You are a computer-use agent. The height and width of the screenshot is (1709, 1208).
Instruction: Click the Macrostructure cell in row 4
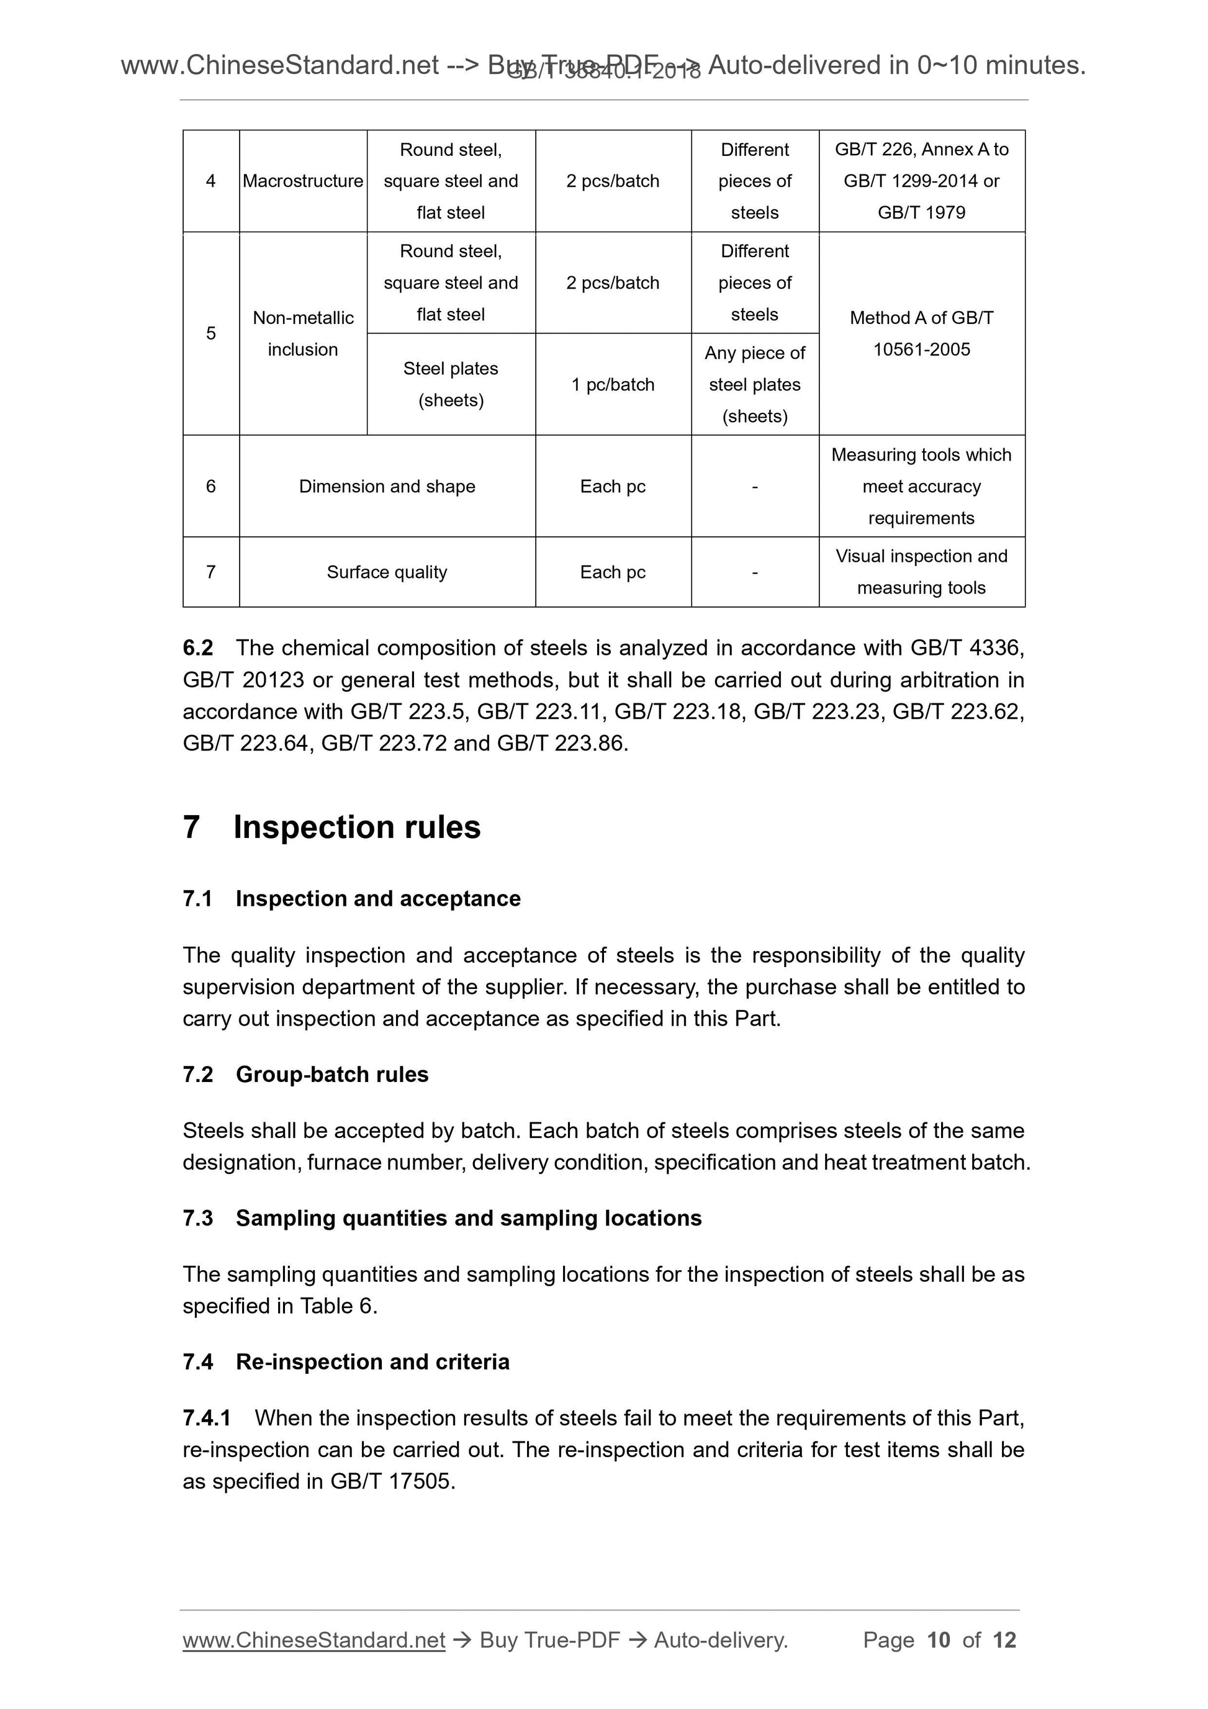tap(302, 181)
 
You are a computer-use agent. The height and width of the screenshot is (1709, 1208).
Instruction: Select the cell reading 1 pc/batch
tap(613, 385)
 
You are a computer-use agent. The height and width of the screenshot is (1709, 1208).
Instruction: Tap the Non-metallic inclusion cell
tap(302, 333)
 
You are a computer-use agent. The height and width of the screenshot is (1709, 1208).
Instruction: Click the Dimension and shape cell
tap(387, 486)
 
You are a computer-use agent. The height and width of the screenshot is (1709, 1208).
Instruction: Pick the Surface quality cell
tap(387, 572)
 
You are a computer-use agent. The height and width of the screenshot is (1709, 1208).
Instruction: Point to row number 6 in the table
tap(210, 486)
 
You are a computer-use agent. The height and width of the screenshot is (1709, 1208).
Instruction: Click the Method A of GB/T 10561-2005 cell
tap(921, 333)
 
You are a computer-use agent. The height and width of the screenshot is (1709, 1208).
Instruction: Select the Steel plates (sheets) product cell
tap(451, 384)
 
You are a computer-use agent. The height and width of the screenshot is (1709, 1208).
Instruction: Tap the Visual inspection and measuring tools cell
tap(921, 572)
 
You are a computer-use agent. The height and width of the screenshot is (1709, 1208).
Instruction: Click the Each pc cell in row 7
tap(613, 572)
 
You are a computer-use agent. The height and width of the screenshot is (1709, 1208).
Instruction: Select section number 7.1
tap(198, 898)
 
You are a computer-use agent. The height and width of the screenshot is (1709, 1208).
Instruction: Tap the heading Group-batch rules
tap(332, 1074)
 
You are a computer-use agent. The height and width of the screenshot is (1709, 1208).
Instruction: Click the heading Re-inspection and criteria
tap(372, 1361)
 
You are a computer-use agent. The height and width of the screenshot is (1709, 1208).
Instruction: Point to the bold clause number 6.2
tap(198, 647)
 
